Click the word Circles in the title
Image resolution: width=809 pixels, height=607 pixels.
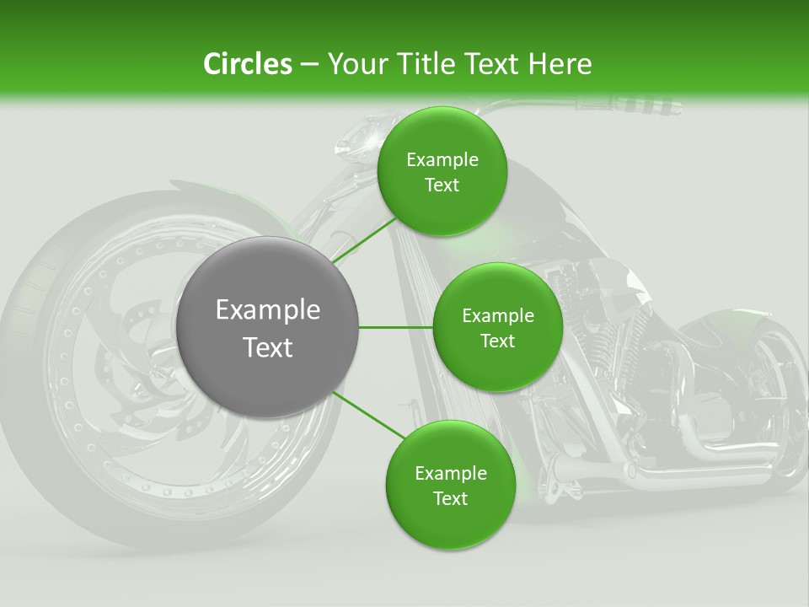coord(247,64)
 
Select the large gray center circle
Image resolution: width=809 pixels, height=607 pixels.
coord(267,327)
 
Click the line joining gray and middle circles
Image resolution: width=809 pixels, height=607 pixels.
coord(396,327)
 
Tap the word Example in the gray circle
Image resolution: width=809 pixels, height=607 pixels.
coord(267,310)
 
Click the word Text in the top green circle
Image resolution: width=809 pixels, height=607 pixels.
coord(442,185)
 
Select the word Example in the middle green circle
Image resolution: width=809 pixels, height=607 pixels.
coord(497,316)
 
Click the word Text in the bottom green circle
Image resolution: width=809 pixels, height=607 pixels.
coord(450,498)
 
